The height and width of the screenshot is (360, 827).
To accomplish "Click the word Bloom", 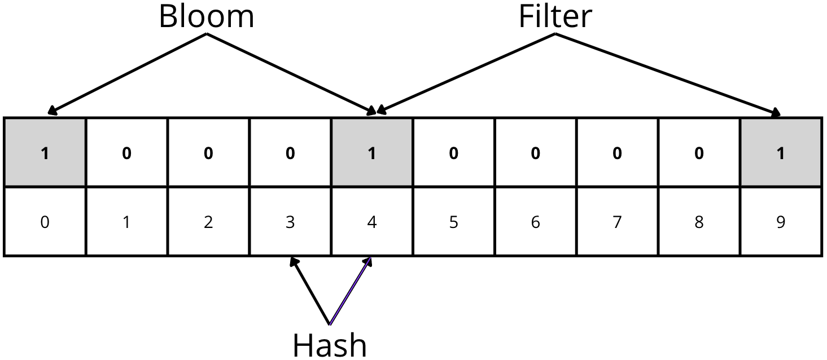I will tap(206, 17).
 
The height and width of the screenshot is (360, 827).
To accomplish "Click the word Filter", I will tap(555, 17).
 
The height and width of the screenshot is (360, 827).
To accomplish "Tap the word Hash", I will tap(330, 344).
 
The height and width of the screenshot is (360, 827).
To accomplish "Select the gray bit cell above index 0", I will tap(45, 153).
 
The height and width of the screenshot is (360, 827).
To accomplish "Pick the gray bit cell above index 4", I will tap(371, 153).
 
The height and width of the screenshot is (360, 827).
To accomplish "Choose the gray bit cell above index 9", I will tap(781, 153).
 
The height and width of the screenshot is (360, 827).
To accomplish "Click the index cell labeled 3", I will tap(290, 222).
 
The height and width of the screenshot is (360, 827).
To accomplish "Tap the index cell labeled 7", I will tap(617, 222).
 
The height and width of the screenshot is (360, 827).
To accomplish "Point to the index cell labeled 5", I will tap(453, 222).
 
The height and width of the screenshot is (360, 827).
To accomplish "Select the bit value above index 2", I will tap(208, 153).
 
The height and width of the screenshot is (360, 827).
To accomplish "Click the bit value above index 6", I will tap(535, 153).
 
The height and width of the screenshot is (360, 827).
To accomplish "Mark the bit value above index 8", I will tap(699, 153).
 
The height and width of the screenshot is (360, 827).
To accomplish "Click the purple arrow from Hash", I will tap(351, 291).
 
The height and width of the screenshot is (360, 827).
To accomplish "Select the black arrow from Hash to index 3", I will tap(310, 291).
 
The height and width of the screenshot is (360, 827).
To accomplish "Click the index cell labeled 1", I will tap(126, 222).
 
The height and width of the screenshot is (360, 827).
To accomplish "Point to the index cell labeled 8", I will tap(699, 222).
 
